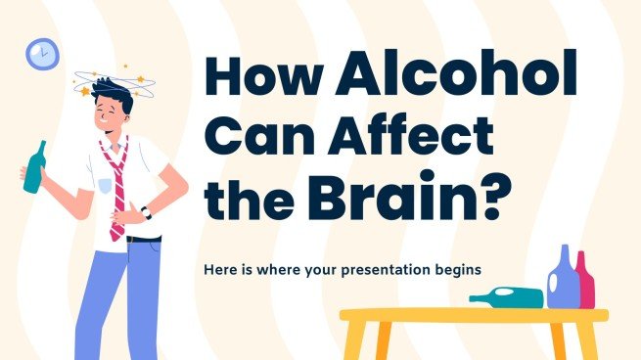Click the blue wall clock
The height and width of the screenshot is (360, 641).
(x=41, y=53)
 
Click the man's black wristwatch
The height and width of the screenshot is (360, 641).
(x=145, y=211)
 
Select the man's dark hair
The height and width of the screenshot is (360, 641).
(x=111, y=96)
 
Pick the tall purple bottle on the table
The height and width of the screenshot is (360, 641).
(x=562, y=278)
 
